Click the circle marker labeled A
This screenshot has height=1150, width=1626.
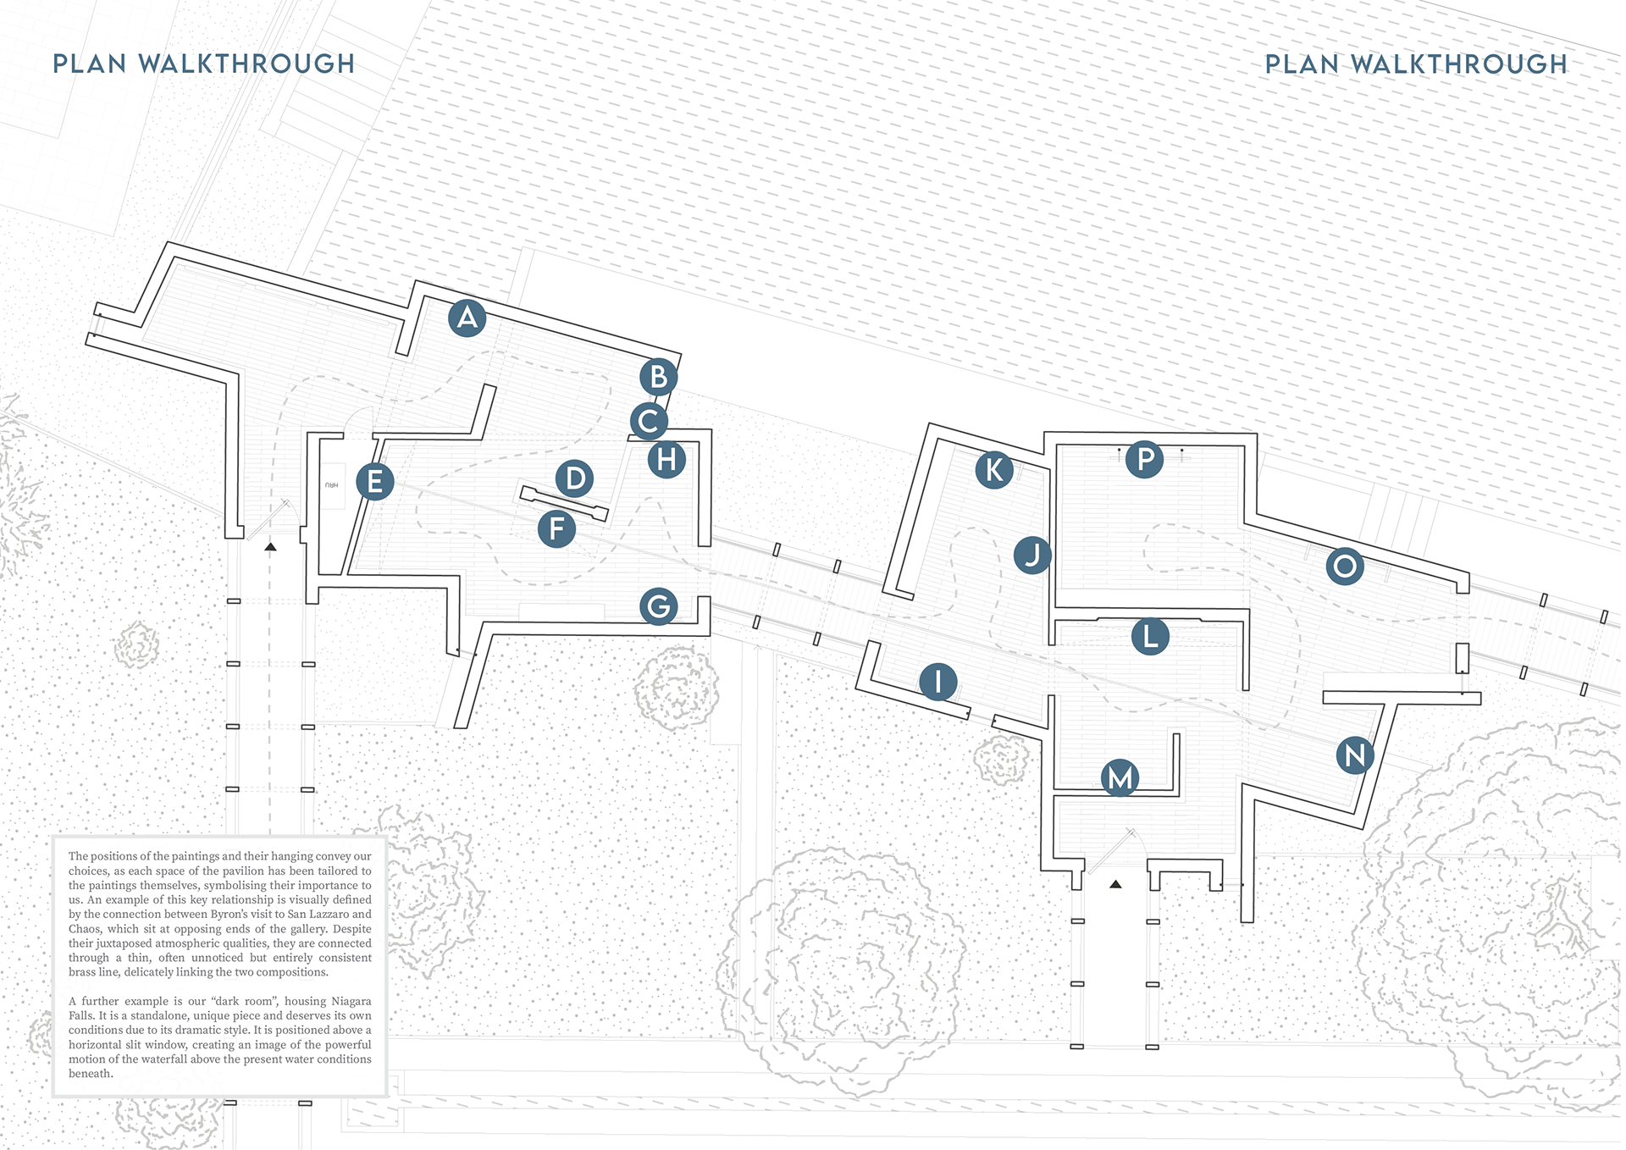pos(467,318)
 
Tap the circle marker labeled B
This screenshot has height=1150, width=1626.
pos(658,377)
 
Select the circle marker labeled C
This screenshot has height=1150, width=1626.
pos(649,421)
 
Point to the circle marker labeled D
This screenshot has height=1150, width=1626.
pos(575,478)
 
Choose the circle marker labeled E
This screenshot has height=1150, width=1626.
pos(374,482)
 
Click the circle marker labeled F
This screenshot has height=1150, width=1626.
pos(556,529)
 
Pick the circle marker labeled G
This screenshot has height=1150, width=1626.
pos(659,606)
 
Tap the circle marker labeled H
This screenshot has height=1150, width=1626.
pos(666,460)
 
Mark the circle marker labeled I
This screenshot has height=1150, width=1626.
pos(938,682)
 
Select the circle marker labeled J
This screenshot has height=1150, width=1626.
pos(1032,556)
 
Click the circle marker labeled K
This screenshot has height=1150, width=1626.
pos(994,470)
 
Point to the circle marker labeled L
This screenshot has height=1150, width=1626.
pos(1150,637)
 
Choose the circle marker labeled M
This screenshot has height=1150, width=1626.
pos(1120,778)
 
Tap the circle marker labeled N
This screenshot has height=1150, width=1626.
pos(1355,755)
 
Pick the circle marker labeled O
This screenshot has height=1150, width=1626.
pos(1345,567)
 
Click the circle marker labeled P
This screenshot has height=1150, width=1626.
pos(1144,460)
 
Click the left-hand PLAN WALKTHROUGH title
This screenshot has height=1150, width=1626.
pos(204,64)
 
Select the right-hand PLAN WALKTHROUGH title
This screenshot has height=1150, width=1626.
pos(1416,64)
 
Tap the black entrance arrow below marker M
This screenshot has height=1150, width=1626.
pos(1116,884)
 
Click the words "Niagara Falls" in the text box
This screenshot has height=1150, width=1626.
pos(220,1008)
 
